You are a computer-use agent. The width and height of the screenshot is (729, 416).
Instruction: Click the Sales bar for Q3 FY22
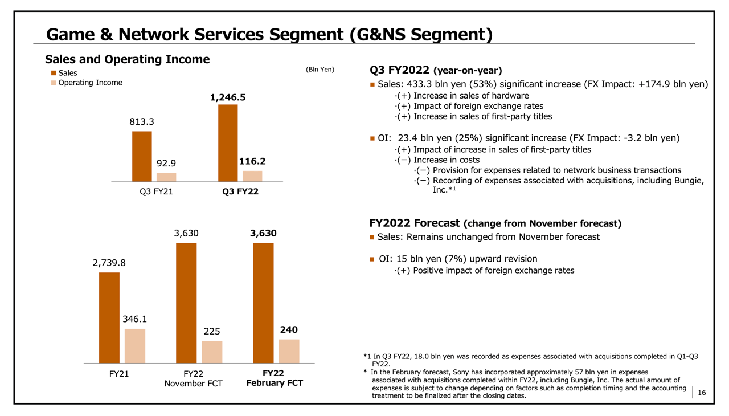[228, 142]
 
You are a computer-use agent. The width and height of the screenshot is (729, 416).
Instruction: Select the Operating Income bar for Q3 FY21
[166, 177]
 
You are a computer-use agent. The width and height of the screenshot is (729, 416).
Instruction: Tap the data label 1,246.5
[228, 97]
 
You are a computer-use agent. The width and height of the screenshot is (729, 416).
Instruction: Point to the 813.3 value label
[142, 121]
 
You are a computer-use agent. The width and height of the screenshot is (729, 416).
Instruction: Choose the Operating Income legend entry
[90, 83]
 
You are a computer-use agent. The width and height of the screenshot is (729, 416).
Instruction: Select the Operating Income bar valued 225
[212, 352]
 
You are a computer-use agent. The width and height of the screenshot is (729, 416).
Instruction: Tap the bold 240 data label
[289, 330]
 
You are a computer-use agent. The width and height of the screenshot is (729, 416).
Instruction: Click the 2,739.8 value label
[109, 263]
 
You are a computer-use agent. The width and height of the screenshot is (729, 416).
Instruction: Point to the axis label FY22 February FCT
[274, 378]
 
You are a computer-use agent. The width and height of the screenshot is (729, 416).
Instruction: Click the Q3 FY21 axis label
[156, 192]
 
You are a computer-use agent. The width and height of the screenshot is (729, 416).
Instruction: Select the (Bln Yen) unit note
[321, 70]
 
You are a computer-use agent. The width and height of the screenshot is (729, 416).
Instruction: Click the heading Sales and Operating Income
[128, 59]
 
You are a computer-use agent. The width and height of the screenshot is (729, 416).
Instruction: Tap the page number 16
[701, 393]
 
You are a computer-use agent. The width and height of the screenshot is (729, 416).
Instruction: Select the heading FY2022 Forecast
[415, 223]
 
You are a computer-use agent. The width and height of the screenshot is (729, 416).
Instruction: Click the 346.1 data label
[135, 319]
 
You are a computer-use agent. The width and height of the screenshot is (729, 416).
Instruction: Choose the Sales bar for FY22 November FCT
[186, 303]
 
